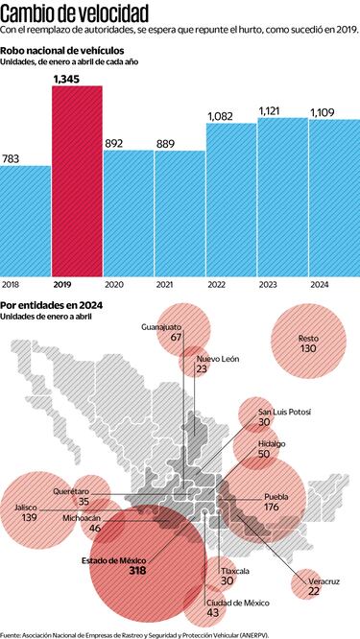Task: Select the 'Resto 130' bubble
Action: (x=307, y=343)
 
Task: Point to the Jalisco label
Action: (x=28, y=507)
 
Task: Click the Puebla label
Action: (x=276, y=496)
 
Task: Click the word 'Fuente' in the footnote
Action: (x=12, y=633)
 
